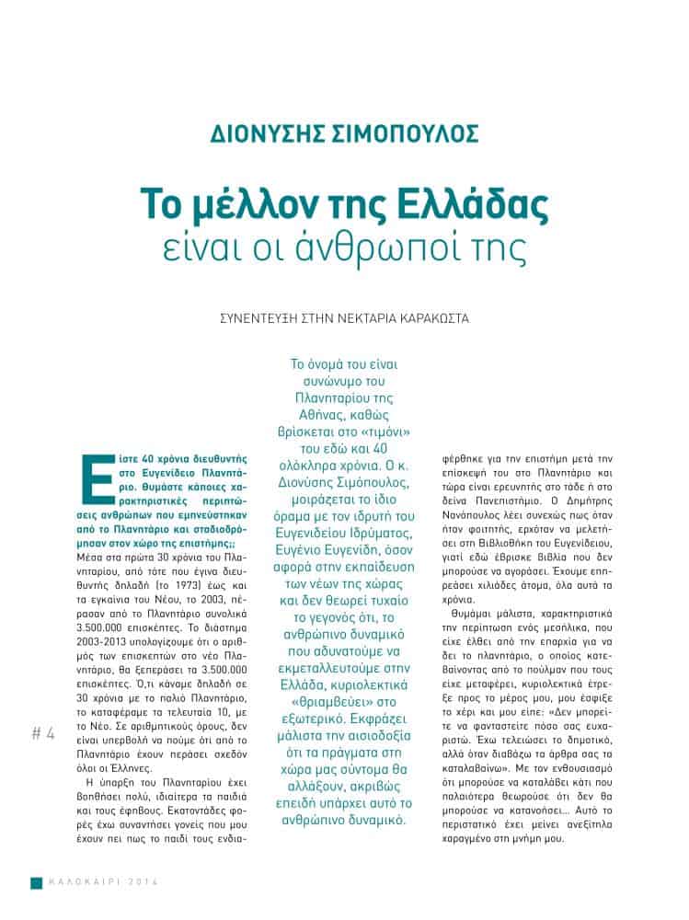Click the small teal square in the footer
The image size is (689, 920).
coord(37,882)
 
